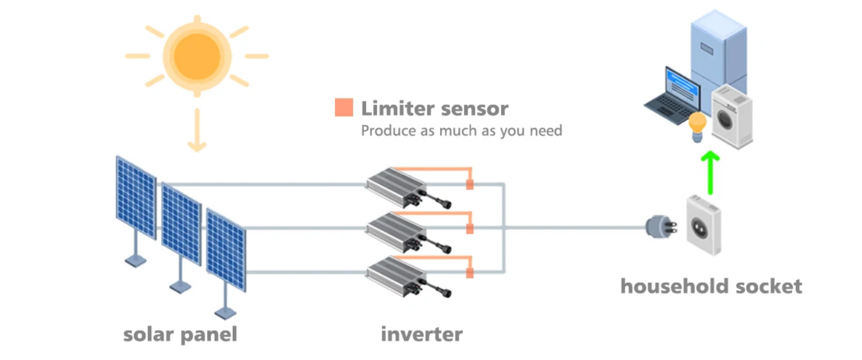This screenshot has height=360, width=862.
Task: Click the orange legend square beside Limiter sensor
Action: [344, 108]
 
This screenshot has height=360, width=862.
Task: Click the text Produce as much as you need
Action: [461, 131]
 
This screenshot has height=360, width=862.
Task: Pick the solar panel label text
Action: [180, 334]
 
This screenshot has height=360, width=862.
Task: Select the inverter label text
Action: [421, 334]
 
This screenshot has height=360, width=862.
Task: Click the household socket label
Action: [711, 286]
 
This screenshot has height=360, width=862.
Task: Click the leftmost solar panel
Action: [136, 197]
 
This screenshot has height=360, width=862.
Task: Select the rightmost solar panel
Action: [226, 250]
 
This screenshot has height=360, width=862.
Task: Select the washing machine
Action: [731, 116]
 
